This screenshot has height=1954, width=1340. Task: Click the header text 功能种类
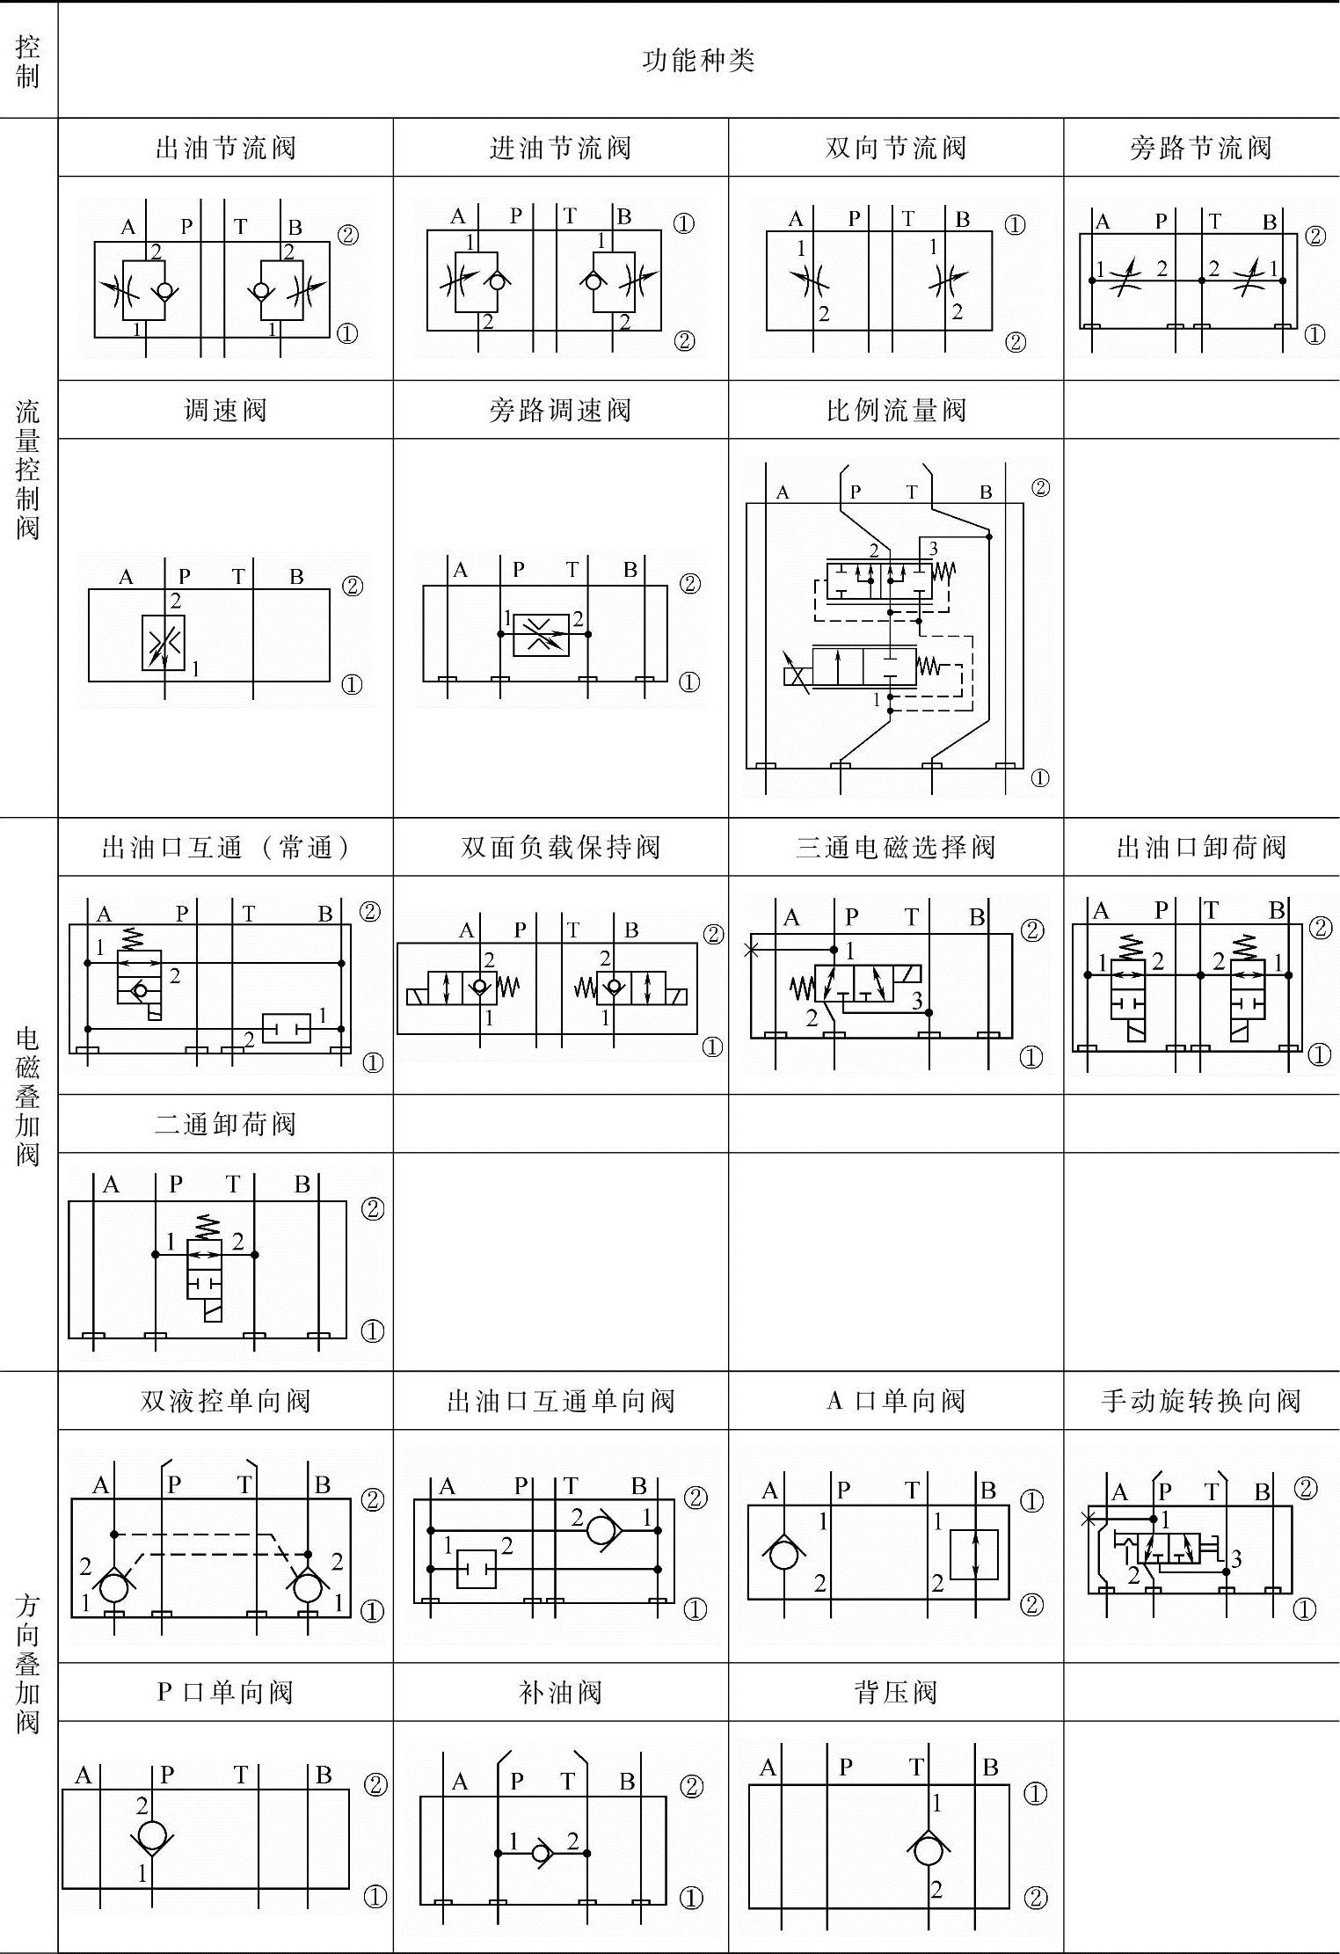click(698, 61)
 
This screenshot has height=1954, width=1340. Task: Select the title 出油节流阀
click(225, 148)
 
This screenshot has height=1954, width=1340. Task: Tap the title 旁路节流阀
click(1200, 148)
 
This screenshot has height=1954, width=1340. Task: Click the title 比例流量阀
click(896, 410)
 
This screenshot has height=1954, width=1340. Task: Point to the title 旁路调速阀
click(560, 410)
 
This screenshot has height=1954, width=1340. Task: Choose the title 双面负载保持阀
click(560, 847)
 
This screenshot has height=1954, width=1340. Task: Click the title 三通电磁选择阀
click(896, 847)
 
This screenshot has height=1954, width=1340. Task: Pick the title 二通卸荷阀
click(225, 1124)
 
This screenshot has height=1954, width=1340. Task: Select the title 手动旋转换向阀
click(1200, 1400)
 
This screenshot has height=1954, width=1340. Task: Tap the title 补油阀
click(560, 1692)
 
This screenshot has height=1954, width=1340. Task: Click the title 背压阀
click(896, 1692)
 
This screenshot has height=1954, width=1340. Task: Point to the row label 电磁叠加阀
click(28, 1096)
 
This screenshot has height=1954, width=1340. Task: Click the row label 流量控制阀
click(28, 469)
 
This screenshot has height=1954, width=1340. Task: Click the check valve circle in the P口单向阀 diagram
click(151, 1835)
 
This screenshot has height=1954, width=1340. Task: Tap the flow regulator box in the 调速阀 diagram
click(164, 643)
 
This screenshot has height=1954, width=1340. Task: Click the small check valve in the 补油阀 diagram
click(542, 1854)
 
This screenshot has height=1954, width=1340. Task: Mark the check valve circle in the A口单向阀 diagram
click(783, 1555)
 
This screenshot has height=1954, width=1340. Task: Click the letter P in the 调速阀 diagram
click(185, 576)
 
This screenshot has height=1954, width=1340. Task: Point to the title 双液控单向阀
click(225, 1400)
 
